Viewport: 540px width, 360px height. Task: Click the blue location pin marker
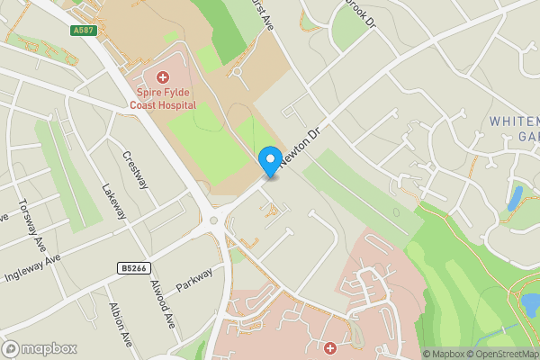pyautogui.click(x=268, y=161)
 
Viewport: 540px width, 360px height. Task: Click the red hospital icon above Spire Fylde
pyautogui.click(x=163, y=78)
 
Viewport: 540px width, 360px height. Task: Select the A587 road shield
pyautogui.click(x=84, y=31)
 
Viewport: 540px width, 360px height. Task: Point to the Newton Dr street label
pyautogui.click(x=301, y=145)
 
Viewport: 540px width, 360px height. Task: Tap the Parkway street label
pyautogui.click(x=195, y=279)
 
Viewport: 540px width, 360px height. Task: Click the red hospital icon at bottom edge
pyautogui.click(x=330, y=348)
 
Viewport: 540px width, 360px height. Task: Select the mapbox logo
pyautogui.click(x=39, y=348)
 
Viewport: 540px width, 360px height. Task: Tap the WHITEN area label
pyautogui.click(x=514, y=121)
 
